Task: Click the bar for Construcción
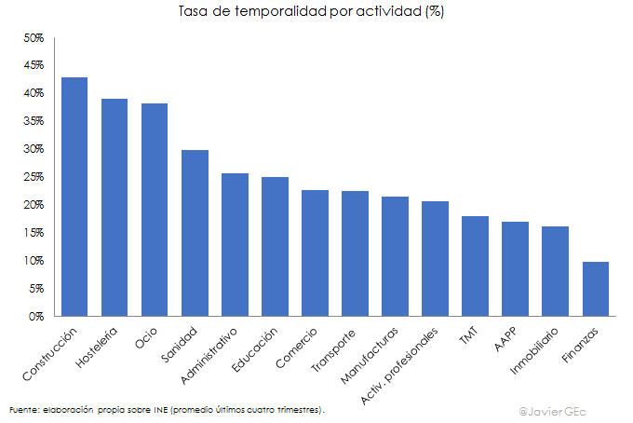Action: [74, 197]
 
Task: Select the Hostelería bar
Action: [114, 208]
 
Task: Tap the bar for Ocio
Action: [155, 210]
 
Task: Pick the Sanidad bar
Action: [195, 233]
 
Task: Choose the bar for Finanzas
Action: [595, 289]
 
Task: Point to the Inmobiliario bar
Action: [555, 271]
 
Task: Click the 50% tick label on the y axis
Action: [34, 38]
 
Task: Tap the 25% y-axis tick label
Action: [34, 177]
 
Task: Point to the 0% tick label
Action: [36, 317]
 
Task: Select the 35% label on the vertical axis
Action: [34, 121]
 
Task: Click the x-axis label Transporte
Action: [333, 350]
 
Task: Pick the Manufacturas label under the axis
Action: [370, 355]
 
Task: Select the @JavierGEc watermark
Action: [559, 409]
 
